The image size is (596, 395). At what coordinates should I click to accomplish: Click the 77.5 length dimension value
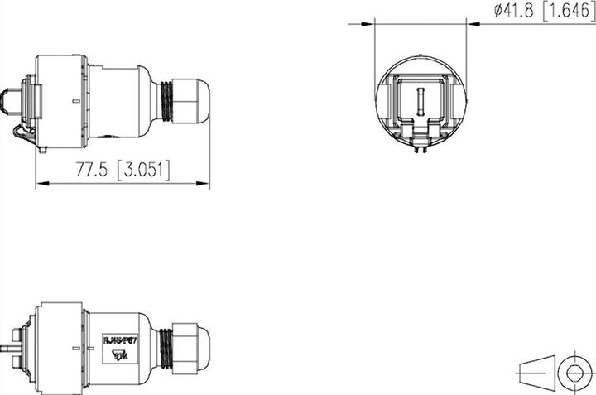point(93,170)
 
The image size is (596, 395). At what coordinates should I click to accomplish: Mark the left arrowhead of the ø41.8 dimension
point(370,24)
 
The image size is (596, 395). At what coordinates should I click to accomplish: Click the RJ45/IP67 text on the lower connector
point(121,338)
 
